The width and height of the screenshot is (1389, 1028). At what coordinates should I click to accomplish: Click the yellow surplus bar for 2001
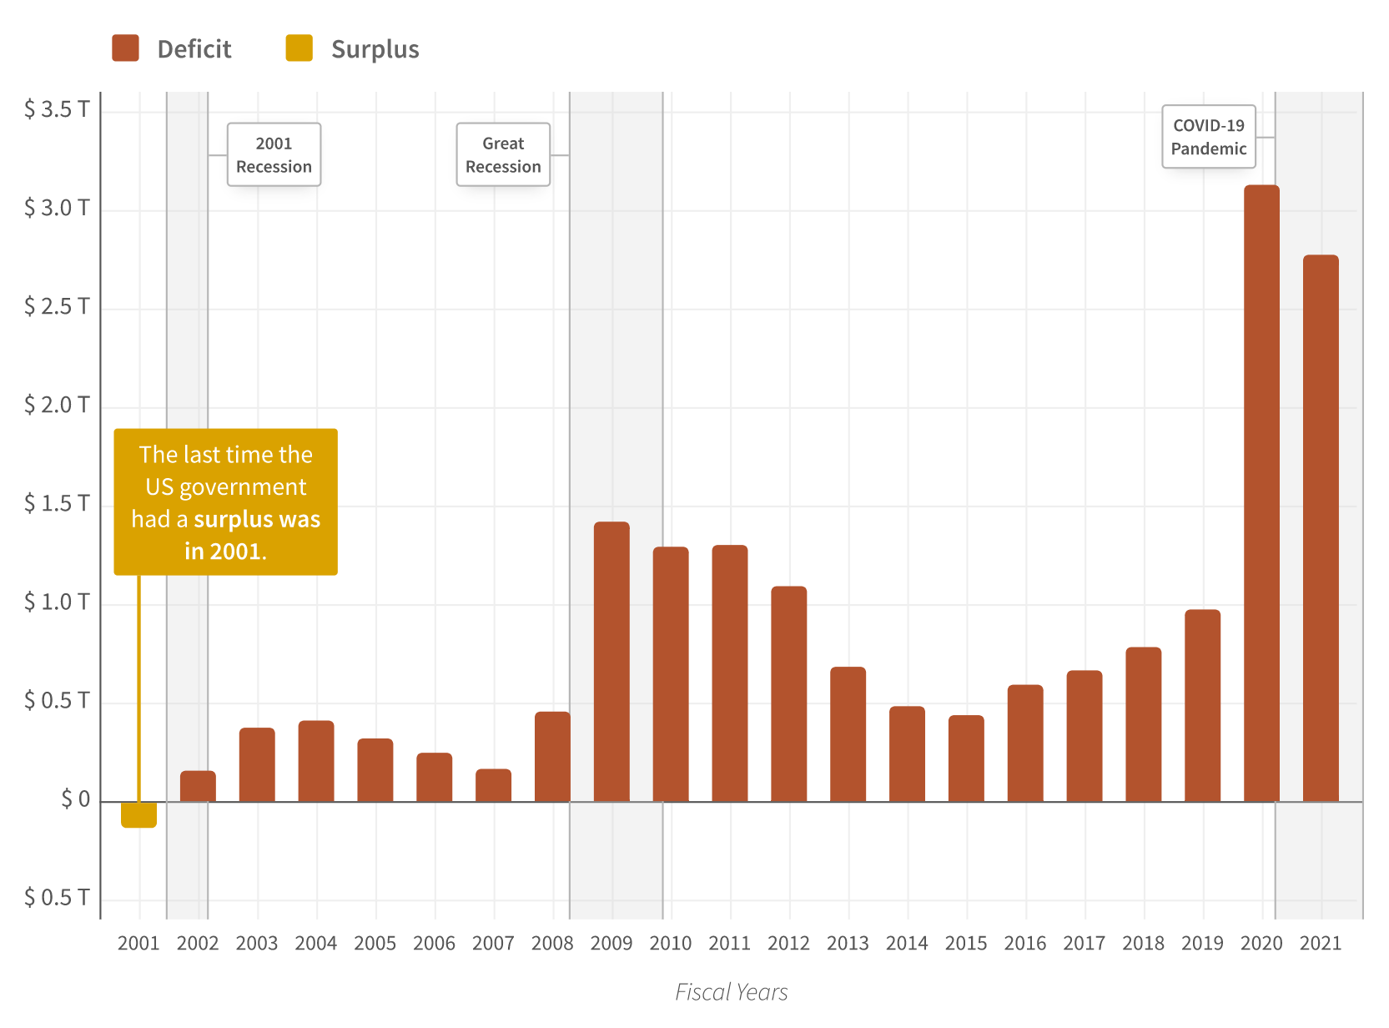click(138, 814)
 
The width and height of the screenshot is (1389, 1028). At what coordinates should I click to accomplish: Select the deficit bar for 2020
click(1261, 492)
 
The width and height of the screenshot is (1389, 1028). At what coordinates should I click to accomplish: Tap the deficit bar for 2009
click(611, 661)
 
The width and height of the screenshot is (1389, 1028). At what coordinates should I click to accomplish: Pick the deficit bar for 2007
click(493, 785)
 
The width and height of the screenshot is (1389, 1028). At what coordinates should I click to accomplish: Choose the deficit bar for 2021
click(1321, 527)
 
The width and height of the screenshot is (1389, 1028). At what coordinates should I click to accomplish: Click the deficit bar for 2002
click(198, 786)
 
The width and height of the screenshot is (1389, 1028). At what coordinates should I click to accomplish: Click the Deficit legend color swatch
click(125, 48)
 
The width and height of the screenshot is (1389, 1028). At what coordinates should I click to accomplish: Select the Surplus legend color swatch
click(299, 48)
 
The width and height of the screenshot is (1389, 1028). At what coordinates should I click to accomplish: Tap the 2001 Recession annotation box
click(274, 155)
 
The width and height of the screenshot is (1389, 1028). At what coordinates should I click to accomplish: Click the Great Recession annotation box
click(503, 155)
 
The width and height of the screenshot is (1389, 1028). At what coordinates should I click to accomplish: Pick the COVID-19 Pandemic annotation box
click(1208, 137)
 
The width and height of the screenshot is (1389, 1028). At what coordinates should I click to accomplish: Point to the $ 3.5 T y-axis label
click(57, 109)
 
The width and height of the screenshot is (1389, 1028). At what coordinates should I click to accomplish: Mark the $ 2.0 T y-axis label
click(57, 405)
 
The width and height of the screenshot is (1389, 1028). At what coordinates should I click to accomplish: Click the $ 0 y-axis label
click(75, 799)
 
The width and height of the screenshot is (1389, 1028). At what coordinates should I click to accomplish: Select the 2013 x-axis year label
click(848, 943)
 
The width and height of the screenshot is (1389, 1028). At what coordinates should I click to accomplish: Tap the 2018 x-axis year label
click(1143, 943)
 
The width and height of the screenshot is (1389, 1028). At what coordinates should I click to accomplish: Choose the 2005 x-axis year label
click(375, 943)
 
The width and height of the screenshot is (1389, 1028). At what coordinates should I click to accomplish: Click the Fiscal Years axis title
click(731, 991)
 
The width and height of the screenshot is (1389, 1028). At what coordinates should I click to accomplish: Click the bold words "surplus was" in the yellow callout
click(257, 519)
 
